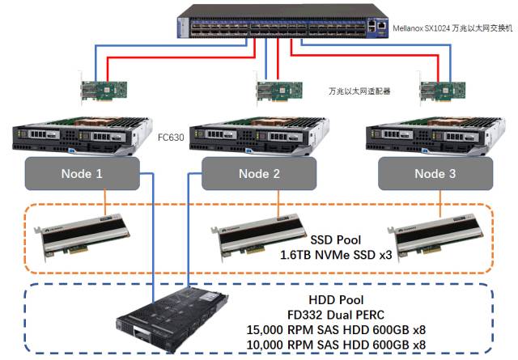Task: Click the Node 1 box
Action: (x=83, y=173)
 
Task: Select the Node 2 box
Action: (x=259, y=173)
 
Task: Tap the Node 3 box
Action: (x=435, y=173)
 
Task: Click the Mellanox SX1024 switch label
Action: (x=452, y=28)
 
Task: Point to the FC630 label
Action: (x=171, y=137)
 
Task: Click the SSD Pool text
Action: (x=336, y=240)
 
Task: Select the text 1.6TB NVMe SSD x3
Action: (x=336, y=255)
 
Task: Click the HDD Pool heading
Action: (x=336, y=300)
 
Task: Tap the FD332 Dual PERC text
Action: (x=336, y=315)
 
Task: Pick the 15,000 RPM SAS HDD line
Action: (x=336, y=329)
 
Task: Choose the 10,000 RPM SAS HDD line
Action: (x=336, y=345)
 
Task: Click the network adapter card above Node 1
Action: (x=104, y=90)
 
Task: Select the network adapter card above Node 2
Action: (x=279, y=90)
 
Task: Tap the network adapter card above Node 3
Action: (x=442, y=90)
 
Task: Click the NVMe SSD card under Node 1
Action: (x=83, y=237)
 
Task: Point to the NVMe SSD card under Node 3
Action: (x=436, y=237)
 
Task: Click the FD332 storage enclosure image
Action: (x=172, y=320)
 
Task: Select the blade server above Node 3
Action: (x=435, y=135)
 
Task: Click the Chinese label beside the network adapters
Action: (x=359, y=91)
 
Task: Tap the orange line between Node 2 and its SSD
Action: (x=278, y=203)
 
